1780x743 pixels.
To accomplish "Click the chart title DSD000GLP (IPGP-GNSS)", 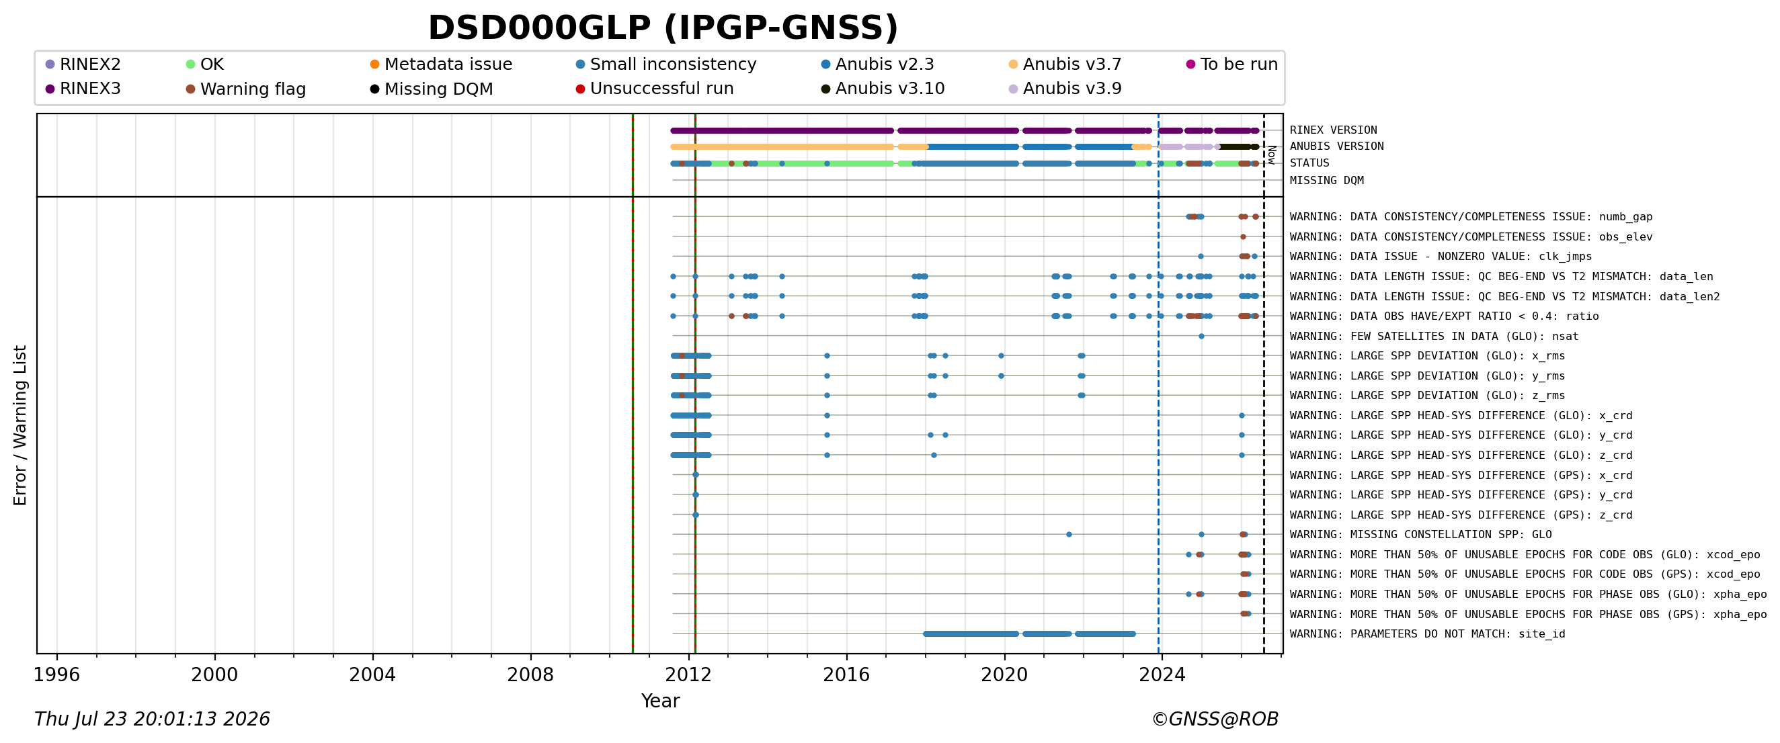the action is pyautogui.click(x=663, y=28).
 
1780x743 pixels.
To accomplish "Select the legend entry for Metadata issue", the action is pyautogui.click(x=441, y=64).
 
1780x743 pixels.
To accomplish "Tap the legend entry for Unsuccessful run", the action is pyautogui.click(x=654, y=89).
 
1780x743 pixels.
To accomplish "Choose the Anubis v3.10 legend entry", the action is pyautogui.click(x=883, y=89).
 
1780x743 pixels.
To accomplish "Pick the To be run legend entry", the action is pyautogui.click(x=1232, y=64).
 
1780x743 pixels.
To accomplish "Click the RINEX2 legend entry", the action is pyautogui.click(x=83, y=64).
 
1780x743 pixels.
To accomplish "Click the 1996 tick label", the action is pyautogui.click(x=56, y=674).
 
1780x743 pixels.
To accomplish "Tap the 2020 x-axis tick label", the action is pyautogui.click(x=1005, y=674).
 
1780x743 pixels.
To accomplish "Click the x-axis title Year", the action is pyautogui.click(x=661, y=701).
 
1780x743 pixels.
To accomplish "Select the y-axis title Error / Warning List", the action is pyautogui.click(x=20, y=425).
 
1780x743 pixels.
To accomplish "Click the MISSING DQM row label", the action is pyautogui.click(x=1327, y=181).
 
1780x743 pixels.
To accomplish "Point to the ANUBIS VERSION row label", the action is pyautogui.click(x=1336, y=146).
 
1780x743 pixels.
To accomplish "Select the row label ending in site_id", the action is pyautogui.click(x=1428, y=634).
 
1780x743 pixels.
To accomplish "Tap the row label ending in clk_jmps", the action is pyautogui.click(x=1441, y=256).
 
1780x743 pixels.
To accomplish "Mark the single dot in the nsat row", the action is pyautogui.click(x=1202, y=337).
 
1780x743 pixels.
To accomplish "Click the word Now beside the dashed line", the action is pyautogui.click(x=1271, y=155).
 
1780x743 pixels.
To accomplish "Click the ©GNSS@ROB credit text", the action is pyautogui.click(x=1215, y=719).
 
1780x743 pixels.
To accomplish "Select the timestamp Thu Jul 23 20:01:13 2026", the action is pyautogui.click(x=152, y=719).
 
